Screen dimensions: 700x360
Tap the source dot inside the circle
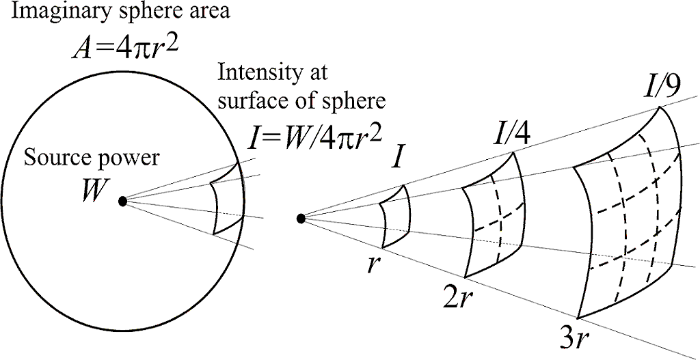pos(123,202)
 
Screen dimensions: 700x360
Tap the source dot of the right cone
pos(301,219)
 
